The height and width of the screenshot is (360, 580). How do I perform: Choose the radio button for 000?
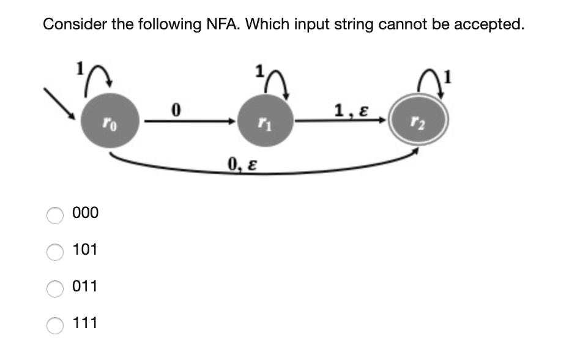[x=56, y=214]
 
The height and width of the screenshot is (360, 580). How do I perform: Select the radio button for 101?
[x=56, y=251]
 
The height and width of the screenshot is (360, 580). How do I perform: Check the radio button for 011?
[x=56, y=288]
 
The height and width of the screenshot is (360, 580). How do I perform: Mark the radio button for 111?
[x=56, y=324]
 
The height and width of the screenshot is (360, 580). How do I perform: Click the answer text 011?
[x=85, y=287]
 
